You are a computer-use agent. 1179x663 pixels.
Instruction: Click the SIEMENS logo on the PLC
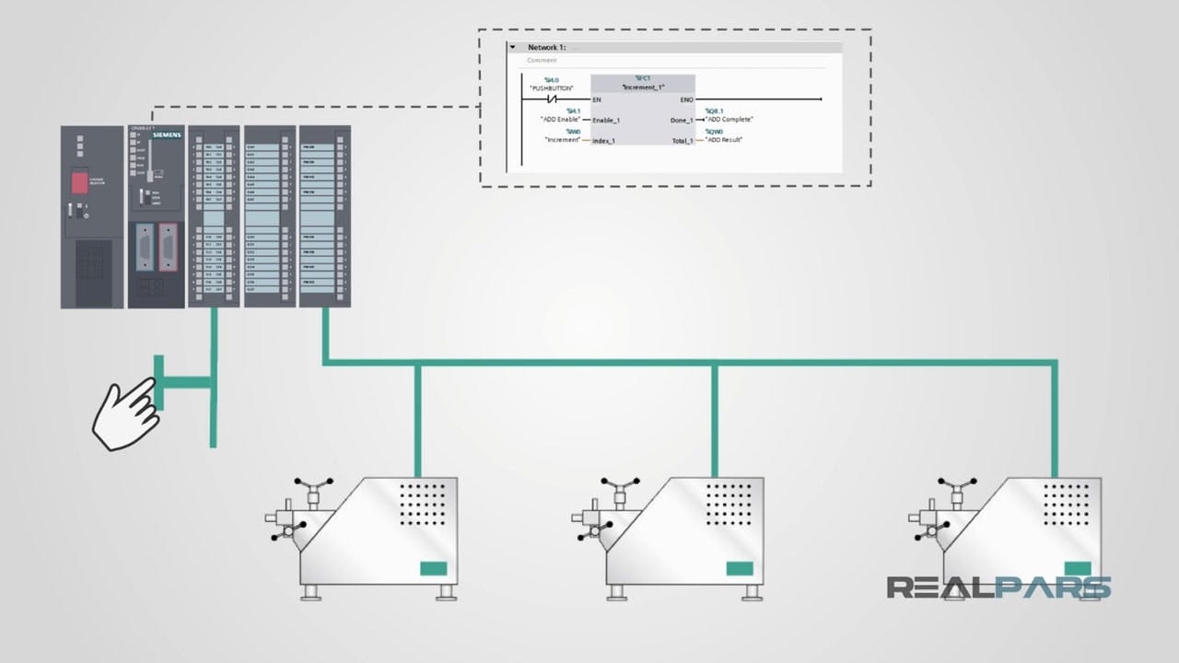167,135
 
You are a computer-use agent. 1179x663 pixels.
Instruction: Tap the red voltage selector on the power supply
80,182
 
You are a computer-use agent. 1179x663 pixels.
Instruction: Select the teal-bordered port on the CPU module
145,248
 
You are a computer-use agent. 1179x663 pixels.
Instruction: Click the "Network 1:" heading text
547,47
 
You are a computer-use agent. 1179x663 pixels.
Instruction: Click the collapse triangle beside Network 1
513,47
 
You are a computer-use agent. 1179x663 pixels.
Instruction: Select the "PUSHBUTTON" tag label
552,88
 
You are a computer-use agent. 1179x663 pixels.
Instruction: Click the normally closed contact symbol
552,99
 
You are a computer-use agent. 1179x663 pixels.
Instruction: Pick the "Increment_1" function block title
642,87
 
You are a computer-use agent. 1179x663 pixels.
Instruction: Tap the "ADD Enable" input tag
560,120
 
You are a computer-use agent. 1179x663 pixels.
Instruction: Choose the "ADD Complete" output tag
730,120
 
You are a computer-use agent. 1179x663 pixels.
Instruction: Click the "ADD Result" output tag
724,140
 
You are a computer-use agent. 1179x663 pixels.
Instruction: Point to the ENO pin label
686,99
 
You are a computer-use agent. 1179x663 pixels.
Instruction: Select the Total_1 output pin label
681,141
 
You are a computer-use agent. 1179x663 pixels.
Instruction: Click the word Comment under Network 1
542,61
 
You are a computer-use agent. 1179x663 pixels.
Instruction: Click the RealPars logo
998,587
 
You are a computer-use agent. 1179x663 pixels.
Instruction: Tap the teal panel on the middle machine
739,568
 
